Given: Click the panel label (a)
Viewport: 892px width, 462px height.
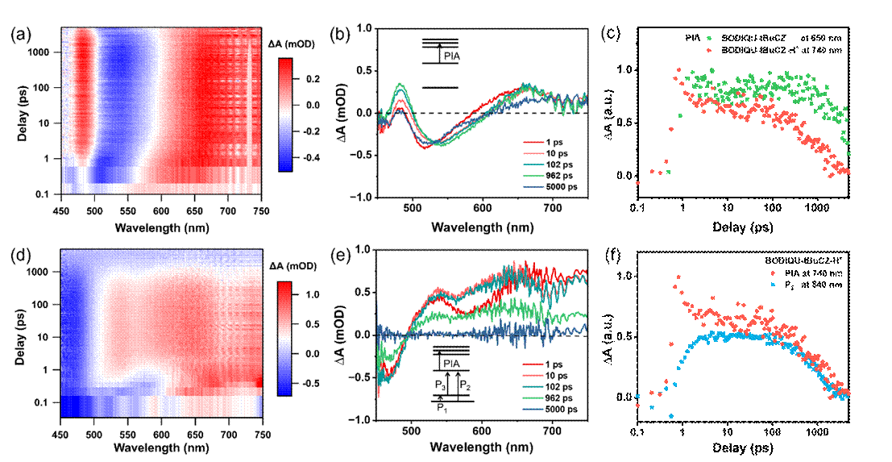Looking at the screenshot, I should [x=21, y=35].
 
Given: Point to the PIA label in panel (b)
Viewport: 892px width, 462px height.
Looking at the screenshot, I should [x=454, y=56].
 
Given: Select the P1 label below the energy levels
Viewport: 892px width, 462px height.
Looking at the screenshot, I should [x=442, y=409].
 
